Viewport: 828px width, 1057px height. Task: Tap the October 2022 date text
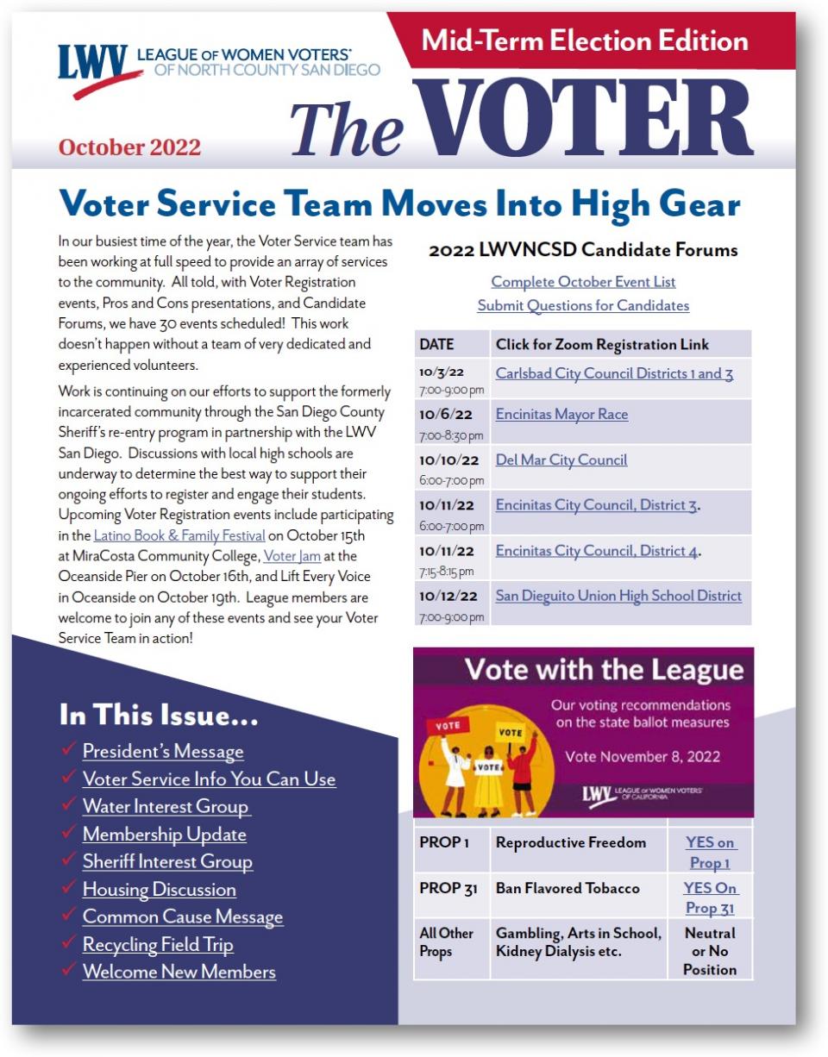(x=129, y=147)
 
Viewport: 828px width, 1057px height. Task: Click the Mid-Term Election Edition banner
(x=585, y=41)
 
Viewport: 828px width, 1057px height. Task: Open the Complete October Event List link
(x=583, y=282)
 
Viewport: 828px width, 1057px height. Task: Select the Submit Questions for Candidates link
(x=583, y=305)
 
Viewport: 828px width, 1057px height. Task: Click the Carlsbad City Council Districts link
(x=614, y=373)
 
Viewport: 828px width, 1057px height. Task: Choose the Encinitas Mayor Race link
(x=561, y=415)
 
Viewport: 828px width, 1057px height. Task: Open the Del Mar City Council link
(x=561, y=460)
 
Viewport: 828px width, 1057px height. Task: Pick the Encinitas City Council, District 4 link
(x=596, y=551)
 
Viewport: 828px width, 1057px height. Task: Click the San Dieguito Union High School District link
(x=618, y=596)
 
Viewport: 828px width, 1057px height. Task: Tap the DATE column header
(x=436, y=345)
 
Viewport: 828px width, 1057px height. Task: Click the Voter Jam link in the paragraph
(x=292, y=556)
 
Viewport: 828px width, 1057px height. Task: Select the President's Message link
(x=163, y=751)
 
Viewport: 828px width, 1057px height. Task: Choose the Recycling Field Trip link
(x=158, y=944)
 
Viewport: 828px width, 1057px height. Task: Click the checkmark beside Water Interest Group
(x=69, y=806)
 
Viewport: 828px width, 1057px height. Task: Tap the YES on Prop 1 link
(x=710, y=853)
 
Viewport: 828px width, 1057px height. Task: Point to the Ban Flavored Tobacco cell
(x=568, y=888)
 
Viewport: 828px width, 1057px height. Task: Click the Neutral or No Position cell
(x=710, y=951)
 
